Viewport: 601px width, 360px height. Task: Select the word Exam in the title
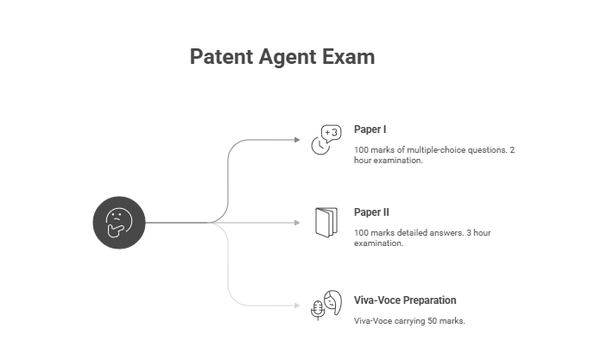pyautogui.click(x=352, y=58)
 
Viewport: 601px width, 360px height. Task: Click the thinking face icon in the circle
pyautogui.click(x=118, y=223)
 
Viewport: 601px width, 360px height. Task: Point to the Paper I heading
pyautogui.click(x=370, y=129)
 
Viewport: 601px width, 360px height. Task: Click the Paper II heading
pyautogui.click(x=371, y=212)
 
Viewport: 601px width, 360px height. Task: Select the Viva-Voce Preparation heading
pyautogui.click(x=405, y=300)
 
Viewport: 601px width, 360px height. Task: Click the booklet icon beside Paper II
pyautogui.click(x=326, y=222)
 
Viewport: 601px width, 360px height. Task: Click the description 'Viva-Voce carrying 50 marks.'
pyautogui.click(x=409, y=321)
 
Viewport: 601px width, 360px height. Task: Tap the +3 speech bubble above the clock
pyautogui.click(x=332, y=132)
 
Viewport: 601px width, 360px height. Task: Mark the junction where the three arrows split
pyautogui.click(x=212, y=223)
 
